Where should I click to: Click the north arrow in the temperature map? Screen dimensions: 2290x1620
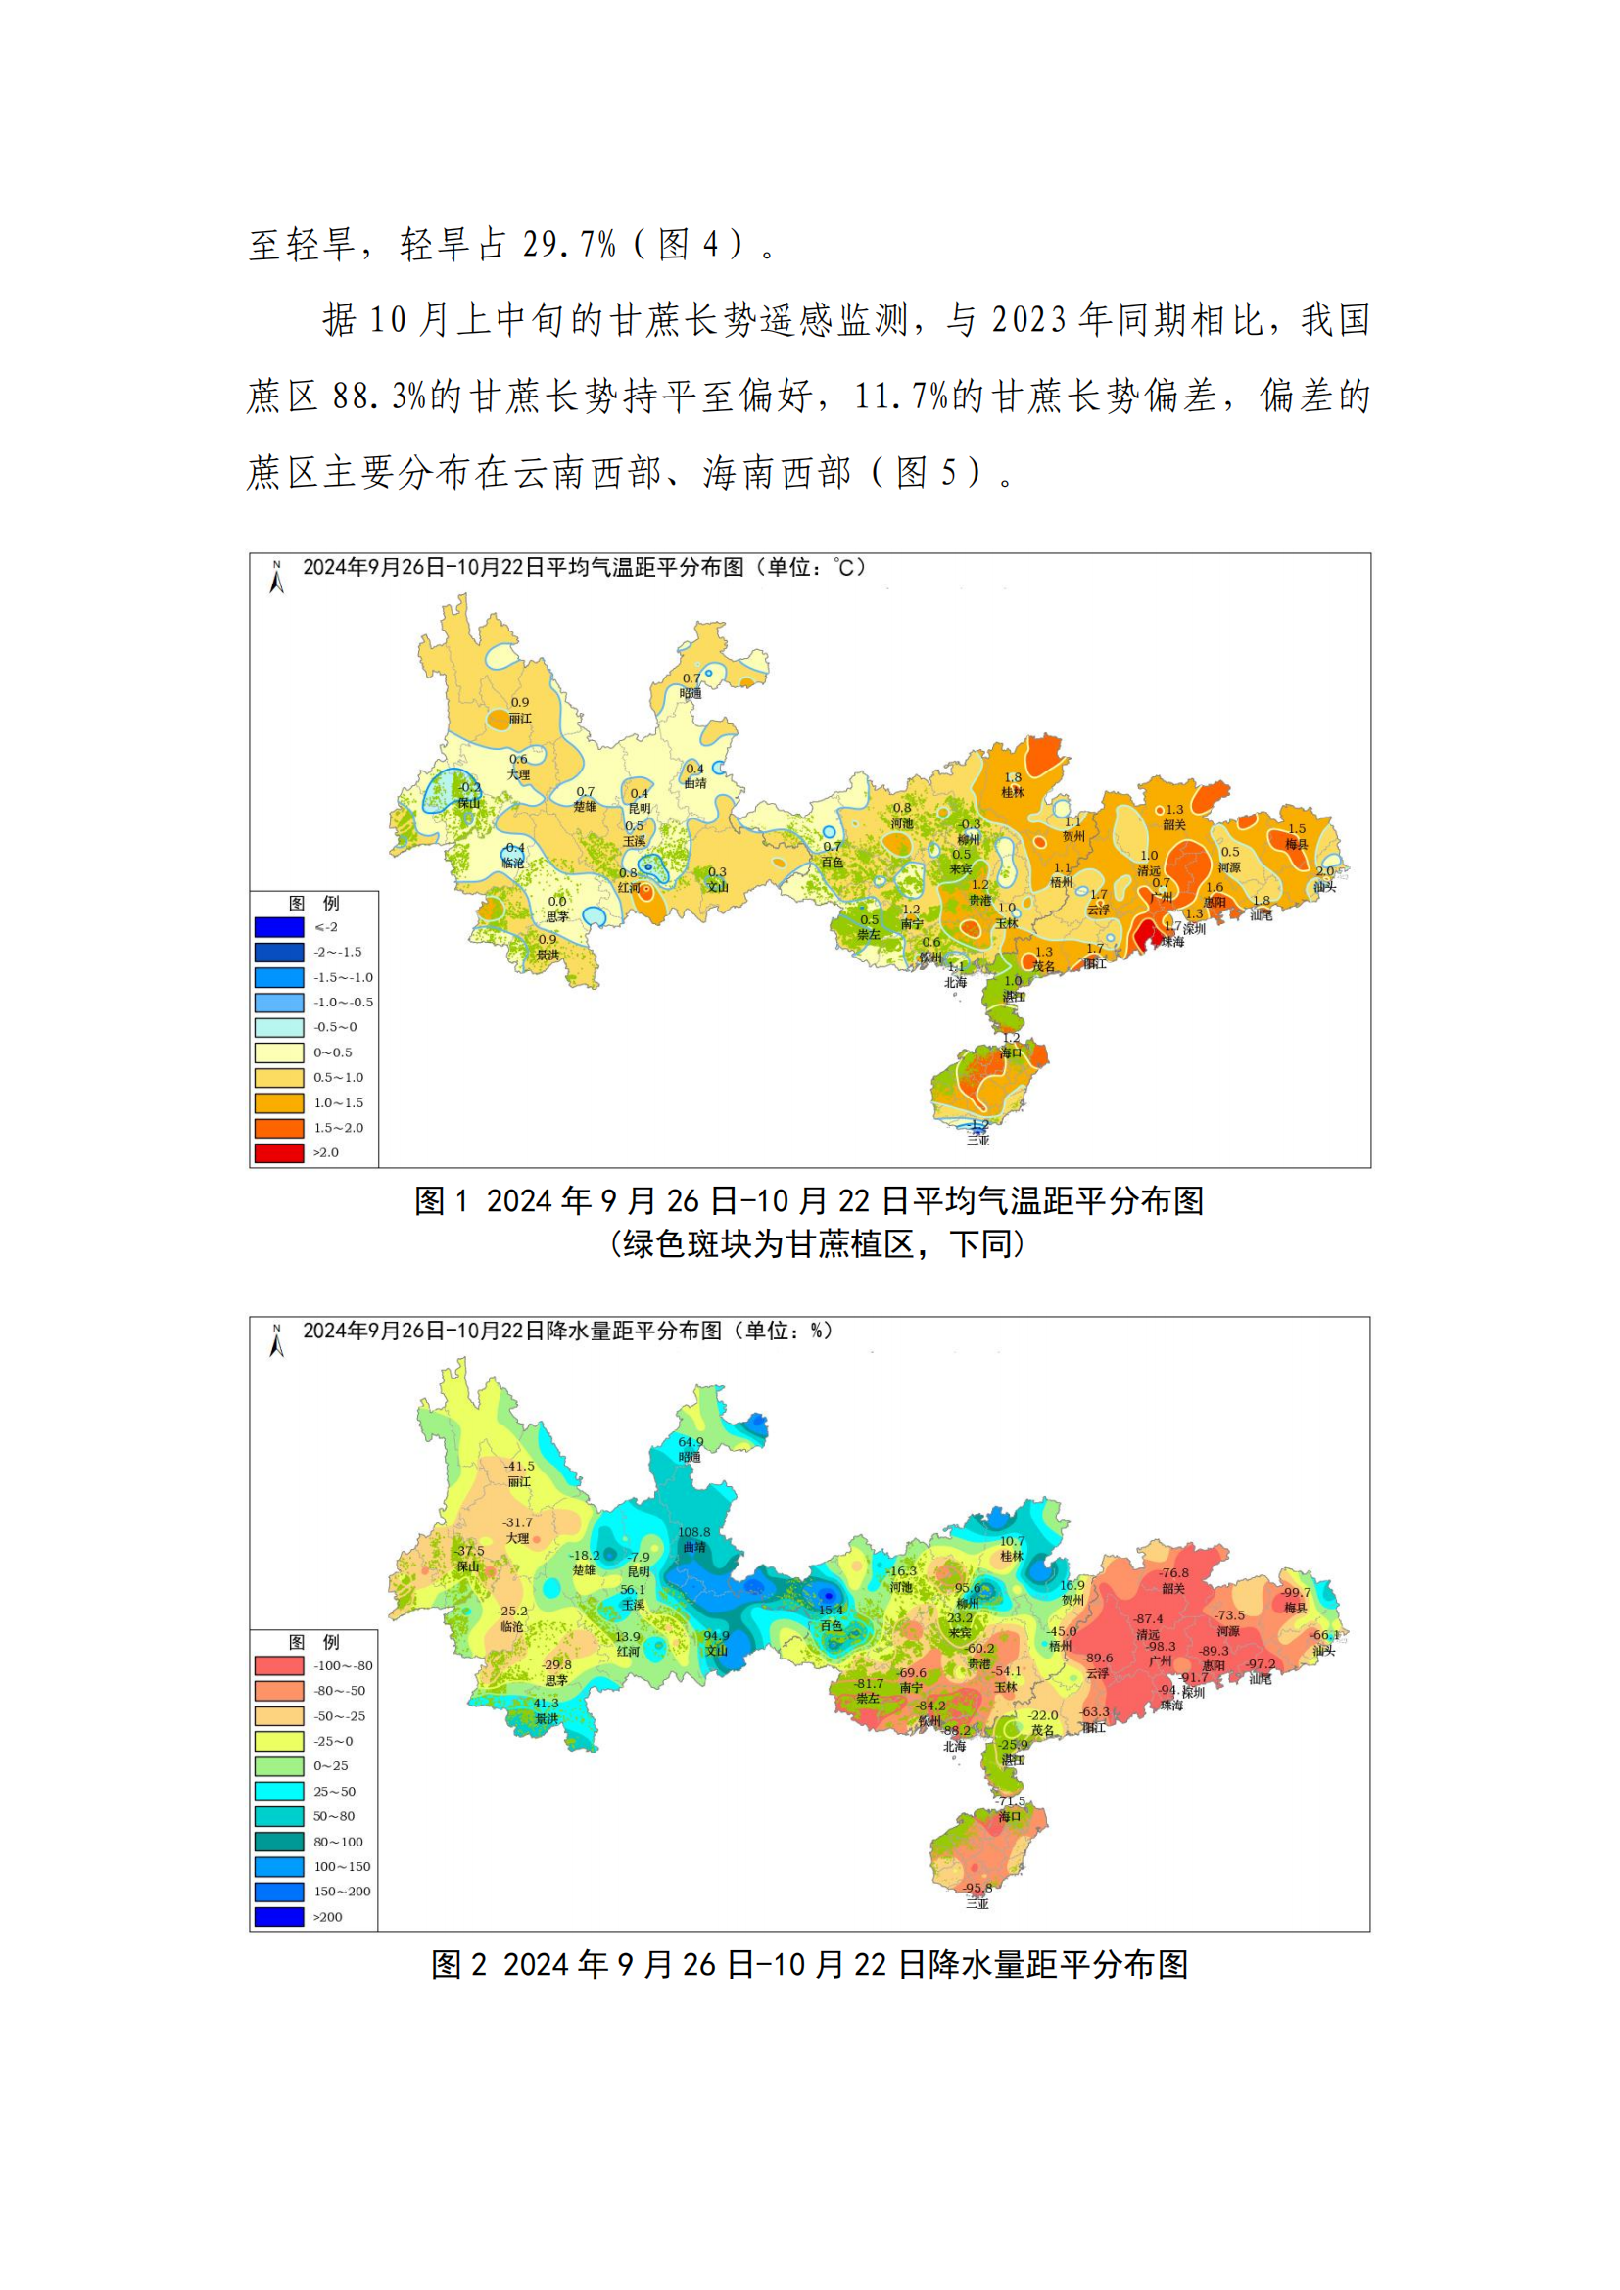276,578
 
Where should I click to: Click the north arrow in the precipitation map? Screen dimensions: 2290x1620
276,1340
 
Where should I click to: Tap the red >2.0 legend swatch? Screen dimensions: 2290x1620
278,1152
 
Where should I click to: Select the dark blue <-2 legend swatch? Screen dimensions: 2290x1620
278,926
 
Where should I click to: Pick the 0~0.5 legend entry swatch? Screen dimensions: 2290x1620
278,1052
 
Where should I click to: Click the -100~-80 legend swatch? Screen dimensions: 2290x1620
278,1665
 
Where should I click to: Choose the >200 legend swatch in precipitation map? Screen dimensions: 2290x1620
278,1917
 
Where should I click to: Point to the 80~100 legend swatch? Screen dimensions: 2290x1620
278,1842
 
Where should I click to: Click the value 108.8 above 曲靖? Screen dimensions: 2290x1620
694,1532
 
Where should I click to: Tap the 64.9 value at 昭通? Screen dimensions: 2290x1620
691,1441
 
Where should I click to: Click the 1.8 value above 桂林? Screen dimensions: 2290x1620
1013,777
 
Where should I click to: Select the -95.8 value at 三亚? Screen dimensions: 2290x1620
977,1888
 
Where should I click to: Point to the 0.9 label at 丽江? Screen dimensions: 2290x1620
520,702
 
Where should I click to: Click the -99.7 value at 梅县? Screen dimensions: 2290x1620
1296,1592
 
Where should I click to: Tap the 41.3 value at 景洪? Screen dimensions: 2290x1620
546,1703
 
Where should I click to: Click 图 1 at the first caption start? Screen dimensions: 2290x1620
440,1201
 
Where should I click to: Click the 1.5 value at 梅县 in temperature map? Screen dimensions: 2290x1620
1296,829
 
